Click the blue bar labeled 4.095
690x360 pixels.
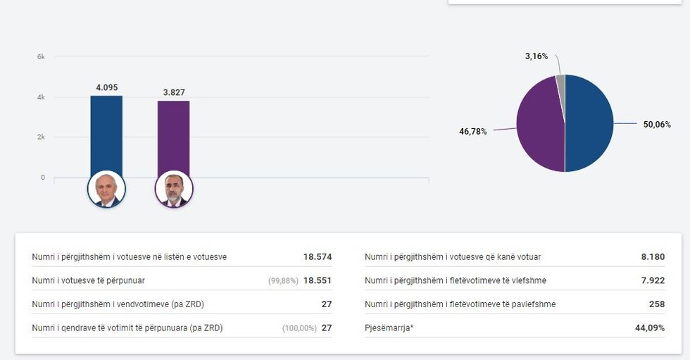tap(106, 134)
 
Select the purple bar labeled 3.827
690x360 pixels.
tap(173, 137)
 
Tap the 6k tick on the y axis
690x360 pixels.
tap(41, 56)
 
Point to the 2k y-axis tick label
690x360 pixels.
tap(41, 137)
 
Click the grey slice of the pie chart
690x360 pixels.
tap(560, 85)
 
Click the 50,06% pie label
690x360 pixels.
tap(657, 124)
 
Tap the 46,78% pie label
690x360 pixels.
tap(472, 131)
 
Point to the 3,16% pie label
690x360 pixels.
tap(536, 56)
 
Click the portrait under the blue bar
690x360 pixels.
tap(106, 189)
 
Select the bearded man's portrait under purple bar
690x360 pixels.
tap(173, 189)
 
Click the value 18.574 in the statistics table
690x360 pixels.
tap(318, 257)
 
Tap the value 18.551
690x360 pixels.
tap(318, 280)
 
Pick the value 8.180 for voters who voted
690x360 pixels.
tap(653, 257)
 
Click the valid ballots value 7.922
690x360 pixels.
tap(653, 280)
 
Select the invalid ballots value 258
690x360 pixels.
tap(656, 304)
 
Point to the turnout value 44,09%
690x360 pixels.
tap(650, 328)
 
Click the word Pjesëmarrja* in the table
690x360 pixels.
tap(389, 328)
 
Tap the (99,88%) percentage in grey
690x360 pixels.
tap(283, 281)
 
